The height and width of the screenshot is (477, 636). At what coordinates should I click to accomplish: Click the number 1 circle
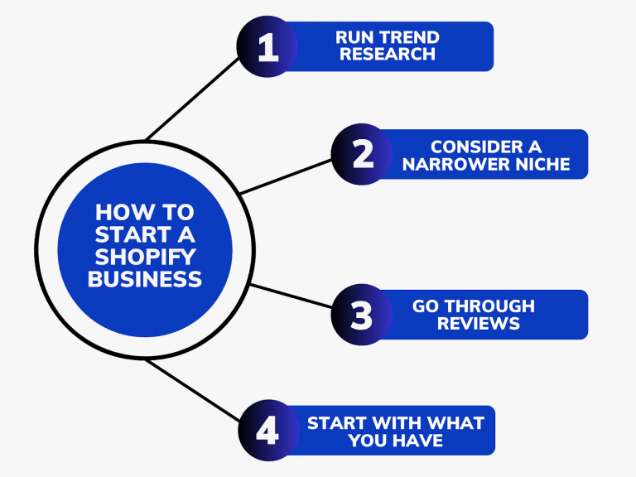point(267,46)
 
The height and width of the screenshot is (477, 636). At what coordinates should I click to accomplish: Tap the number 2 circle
point(362,154)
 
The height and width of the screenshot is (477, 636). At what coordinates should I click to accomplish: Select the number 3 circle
point(362,315)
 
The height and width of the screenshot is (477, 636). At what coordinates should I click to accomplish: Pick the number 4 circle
point(267,431)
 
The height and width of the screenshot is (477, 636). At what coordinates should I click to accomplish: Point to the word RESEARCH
point(387,55)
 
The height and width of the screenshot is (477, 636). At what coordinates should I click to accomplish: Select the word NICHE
point(540,164)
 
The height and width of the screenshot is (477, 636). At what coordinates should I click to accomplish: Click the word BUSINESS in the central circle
point(145,279)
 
